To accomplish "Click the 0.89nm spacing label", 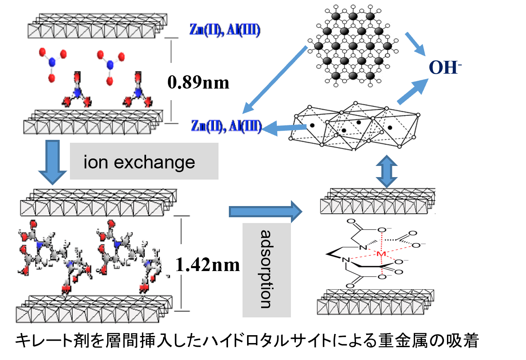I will point(198,83).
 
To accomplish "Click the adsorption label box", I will point(266,270).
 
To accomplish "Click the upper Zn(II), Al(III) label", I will point(226,30).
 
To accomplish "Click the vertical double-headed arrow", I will point(387,170).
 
